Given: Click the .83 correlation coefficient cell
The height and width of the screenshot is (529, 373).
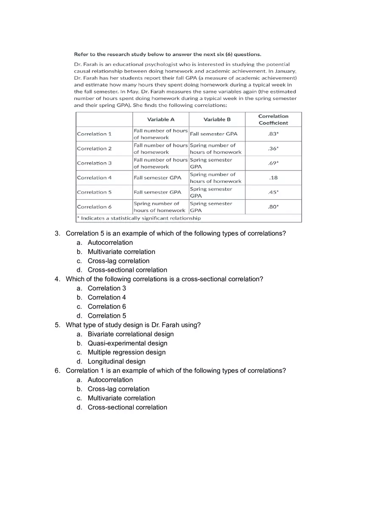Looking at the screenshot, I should (x=273, y=134).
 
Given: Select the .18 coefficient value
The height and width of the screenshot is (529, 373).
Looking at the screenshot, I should (x=273, y=178).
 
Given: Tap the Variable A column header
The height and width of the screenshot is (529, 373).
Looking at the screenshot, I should (x=161, y=120).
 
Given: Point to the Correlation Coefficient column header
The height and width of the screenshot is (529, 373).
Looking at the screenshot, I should (x=273, y=120).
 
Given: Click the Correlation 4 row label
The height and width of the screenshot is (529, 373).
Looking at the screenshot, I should (x=95, y=178).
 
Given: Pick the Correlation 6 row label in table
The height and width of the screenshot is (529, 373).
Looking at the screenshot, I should (x=95, y=207).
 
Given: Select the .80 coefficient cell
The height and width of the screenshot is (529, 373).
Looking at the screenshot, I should (x=273, y=207).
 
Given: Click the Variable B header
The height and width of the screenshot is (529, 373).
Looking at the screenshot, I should (x=217, y=120).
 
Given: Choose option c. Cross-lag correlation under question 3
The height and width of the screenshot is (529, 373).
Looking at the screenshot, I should (x=118, y=261).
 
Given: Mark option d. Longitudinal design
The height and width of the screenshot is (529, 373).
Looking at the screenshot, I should (x=116, y=361).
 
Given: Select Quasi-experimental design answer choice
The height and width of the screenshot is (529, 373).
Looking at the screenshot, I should (x=127, y=343).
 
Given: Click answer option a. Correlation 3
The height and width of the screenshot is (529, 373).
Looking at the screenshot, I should (x=106, y=288).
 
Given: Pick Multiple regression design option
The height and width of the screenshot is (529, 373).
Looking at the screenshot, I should (x=126, y=353).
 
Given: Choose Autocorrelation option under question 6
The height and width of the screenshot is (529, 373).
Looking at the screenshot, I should (x=110, y=380).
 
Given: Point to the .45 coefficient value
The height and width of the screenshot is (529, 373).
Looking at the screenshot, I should (x=273, y=192).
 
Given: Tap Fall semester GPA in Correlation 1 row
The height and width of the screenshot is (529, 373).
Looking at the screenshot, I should (x=214, y=134).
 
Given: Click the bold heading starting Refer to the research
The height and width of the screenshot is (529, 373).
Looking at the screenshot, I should (x=167, y=54).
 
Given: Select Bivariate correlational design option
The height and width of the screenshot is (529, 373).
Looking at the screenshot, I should (x=131, y=334).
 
